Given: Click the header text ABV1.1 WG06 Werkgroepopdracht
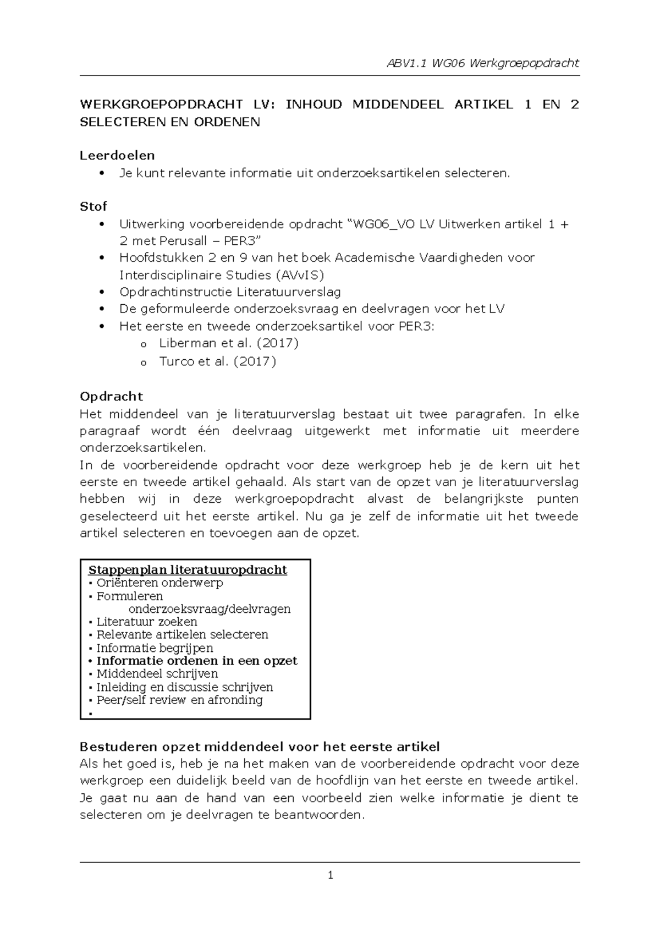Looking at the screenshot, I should click(x=483, y=63).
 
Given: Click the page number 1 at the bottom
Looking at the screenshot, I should click(x=330, y=875).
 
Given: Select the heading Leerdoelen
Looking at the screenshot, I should click(x=117, y=156).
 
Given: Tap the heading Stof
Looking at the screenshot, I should click(x=94, y=206).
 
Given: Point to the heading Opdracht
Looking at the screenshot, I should click(x=111, y=397).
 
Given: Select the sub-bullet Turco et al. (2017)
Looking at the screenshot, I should click(x=217, y=361).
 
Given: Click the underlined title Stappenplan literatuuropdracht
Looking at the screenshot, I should click(x=188, y=570).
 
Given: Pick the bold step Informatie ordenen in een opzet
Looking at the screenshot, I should click(x=196, y=661).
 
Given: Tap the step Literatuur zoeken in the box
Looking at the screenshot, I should click(x=146, y=622).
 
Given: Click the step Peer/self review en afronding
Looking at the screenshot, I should click(x=179, y=700).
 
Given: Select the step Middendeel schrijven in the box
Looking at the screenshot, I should click(x=157, y=674).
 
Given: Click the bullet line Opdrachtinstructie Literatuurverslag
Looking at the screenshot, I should click(x=230, y=292).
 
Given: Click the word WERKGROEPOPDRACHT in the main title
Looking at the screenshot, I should click(x=161, y=105).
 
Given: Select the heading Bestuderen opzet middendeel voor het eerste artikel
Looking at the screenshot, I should click(x=260, y=747).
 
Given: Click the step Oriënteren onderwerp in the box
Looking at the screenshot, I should click(x=159, y=583).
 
